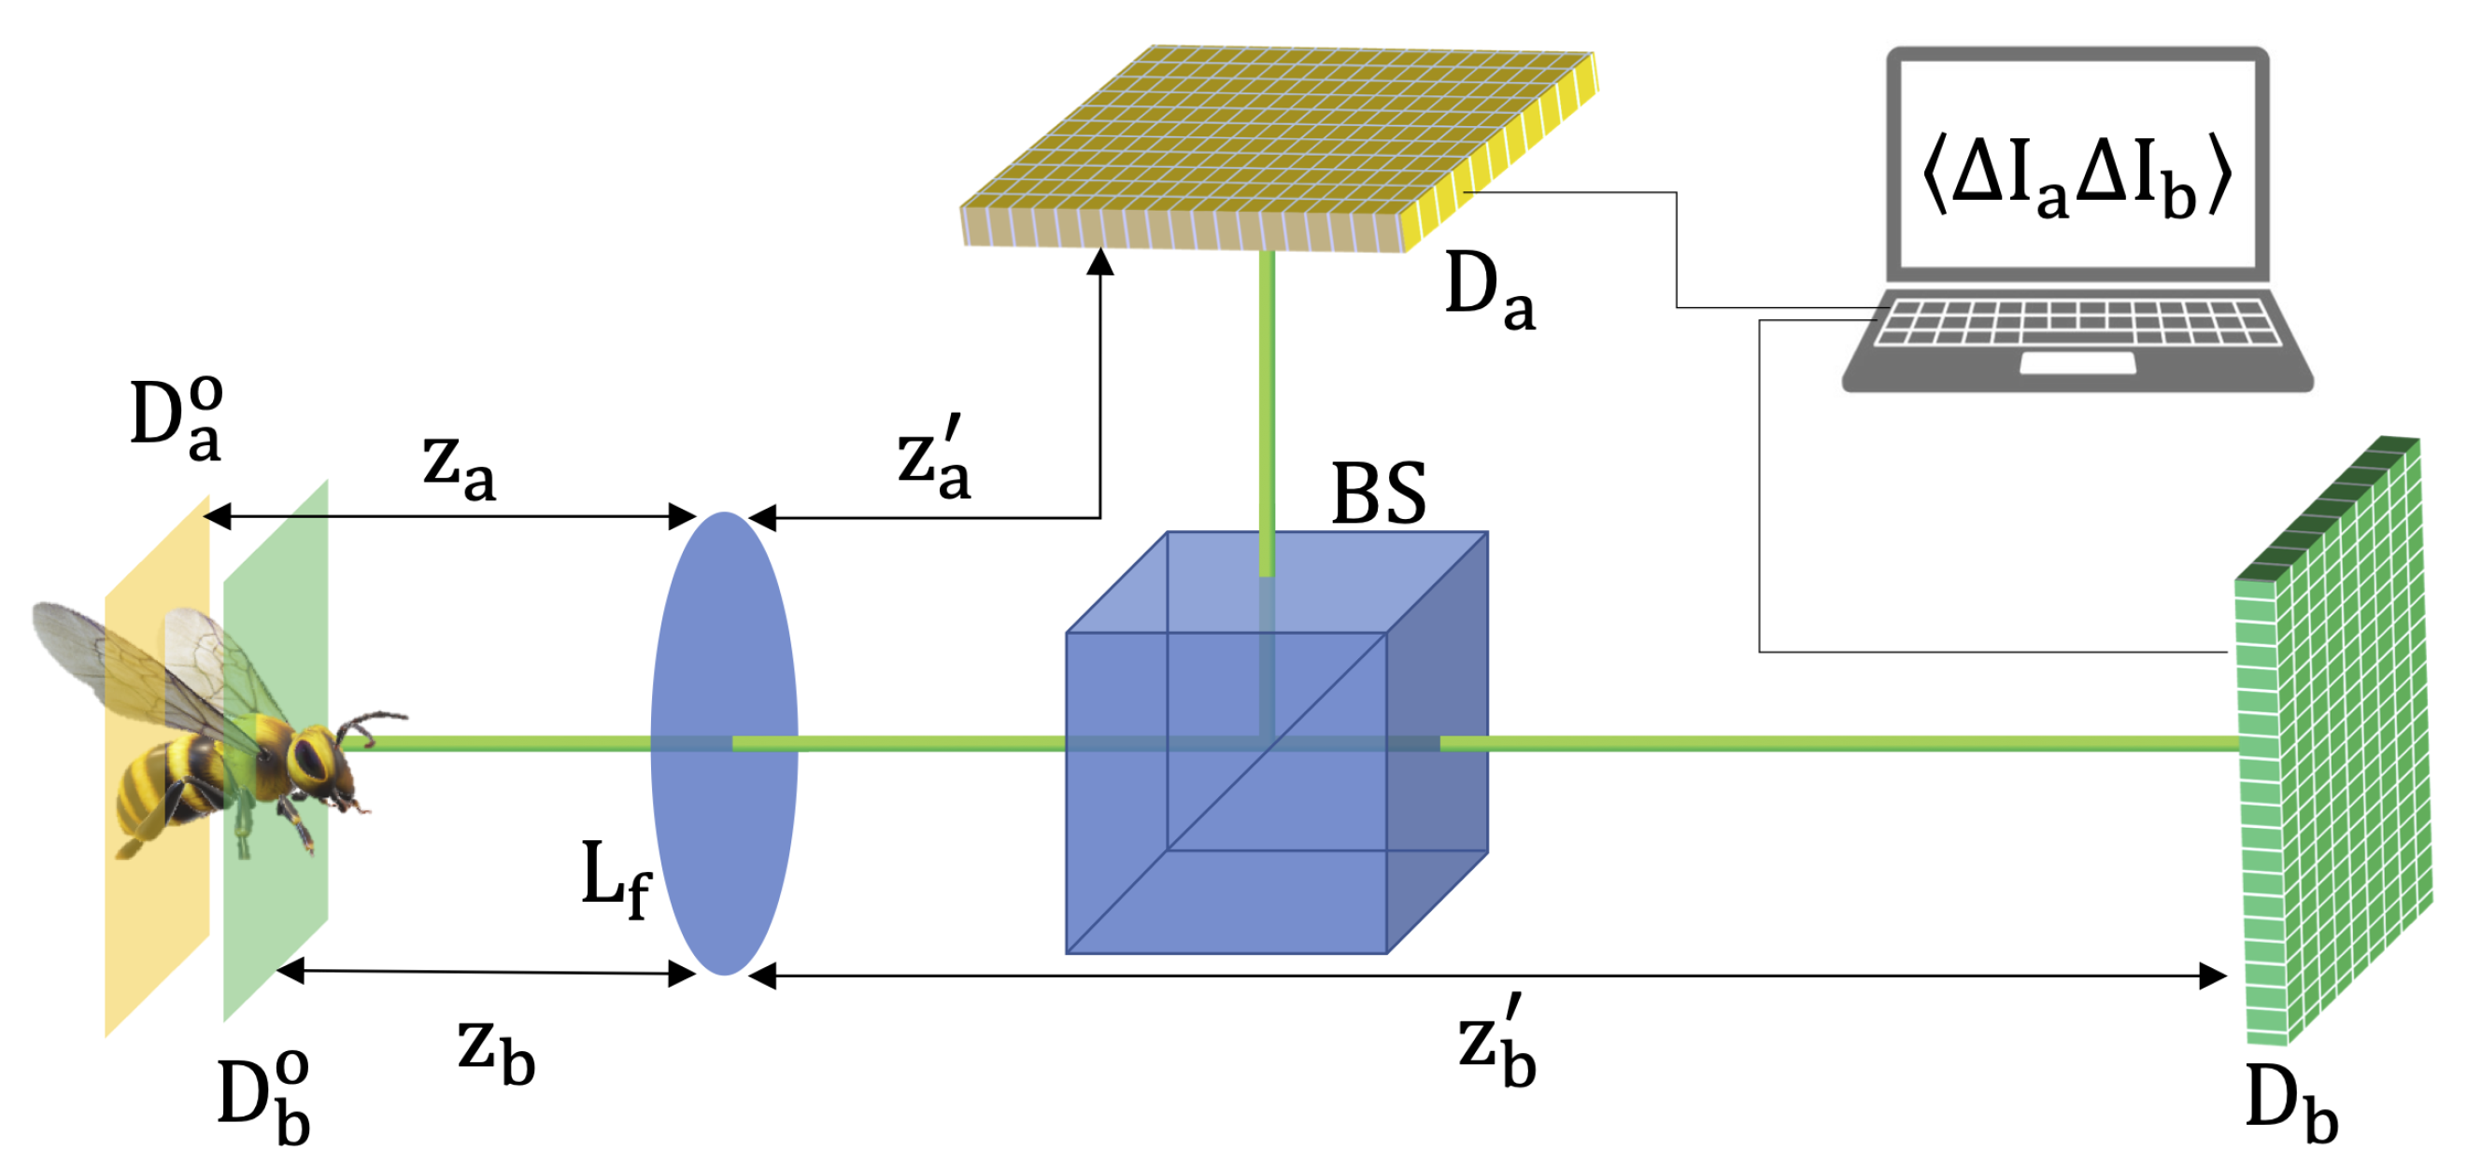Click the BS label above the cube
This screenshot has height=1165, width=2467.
(x=1378, y=494)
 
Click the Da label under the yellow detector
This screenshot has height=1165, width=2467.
(x=1488, y=291)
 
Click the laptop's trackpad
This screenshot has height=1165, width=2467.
(x=2077, y=363)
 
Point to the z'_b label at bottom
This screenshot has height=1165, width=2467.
(x=1496, y=1044)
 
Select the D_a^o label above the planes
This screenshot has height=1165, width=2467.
(x=177, y=419)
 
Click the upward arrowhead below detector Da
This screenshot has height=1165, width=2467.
(x=1100, y=261)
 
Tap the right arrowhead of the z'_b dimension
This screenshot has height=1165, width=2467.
(x=2212, y=976)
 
